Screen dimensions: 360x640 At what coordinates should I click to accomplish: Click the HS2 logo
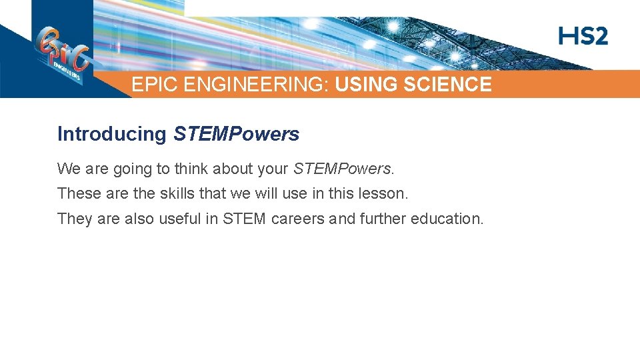pos(583,36)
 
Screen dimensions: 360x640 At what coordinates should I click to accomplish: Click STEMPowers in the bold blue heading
pos(236,134)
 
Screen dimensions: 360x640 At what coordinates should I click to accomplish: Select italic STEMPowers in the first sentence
pos(342,169)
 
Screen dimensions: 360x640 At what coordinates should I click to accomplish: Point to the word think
pos(192,169)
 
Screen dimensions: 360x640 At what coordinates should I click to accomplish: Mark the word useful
pos(180,218)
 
